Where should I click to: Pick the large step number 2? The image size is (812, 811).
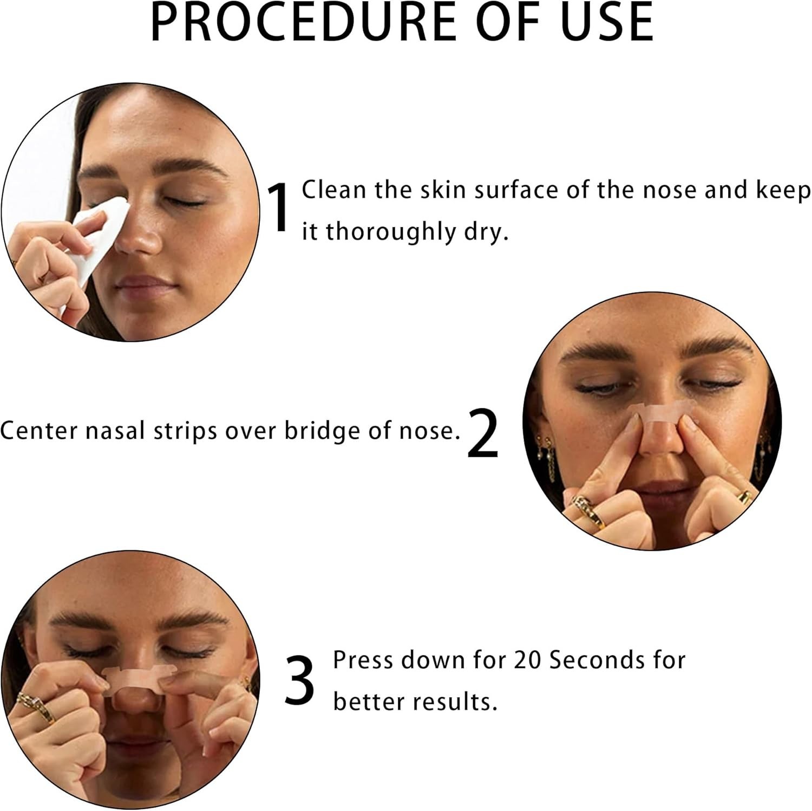(x=482, y=433)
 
